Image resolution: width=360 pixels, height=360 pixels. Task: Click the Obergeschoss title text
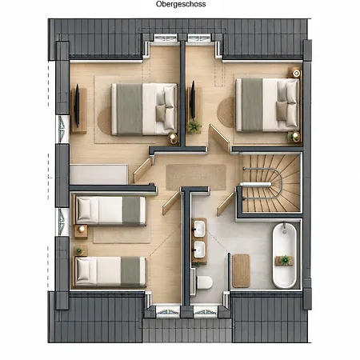point(181,4)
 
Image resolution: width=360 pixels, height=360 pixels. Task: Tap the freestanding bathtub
point(284,255)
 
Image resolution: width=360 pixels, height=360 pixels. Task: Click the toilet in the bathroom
point(205,282)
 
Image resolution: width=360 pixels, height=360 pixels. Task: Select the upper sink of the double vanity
point(199,229)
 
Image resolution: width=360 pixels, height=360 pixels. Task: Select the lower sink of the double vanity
point(199,250)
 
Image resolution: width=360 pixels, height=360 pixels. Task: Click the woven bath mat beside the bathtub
point(241,270)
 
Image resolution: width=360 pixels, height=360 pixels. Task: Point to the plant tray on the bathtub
point(284,260)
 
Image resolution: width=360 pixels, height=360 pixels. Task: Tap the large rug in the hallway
point(196,177)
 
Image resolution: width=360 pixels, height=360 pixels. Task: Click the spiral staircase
point(271,184)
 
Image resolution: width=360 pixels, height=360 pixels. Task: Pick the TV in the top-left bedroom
point(77,106)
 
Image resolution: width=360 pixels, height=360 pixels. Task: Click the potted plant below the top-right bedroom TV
point(194,126)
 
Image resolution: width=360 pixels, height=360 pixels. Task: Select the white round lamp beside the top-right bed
point(296,73)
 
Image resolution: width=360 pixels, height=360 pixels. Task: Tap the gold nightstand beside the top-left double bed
point(173,138)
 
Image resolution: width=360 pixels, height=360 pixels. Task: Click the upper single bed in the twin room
point(110,210)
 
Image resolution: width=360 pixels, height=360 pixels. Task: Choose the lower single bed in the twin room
point(110,271)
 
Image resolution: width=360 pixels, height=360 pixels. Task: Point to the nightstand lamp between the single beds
point(82,229)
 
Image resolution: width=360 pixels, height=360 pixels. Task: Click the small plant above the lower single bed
point(79,251)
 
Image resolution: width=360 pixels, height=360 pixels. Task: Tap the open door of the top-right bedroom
point(219,138)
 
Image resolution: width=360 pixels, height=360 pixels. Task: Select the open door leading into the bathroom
point(226,204)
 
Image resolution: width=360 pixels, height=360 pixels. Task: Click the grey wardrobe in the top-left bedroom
point(99,174)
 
